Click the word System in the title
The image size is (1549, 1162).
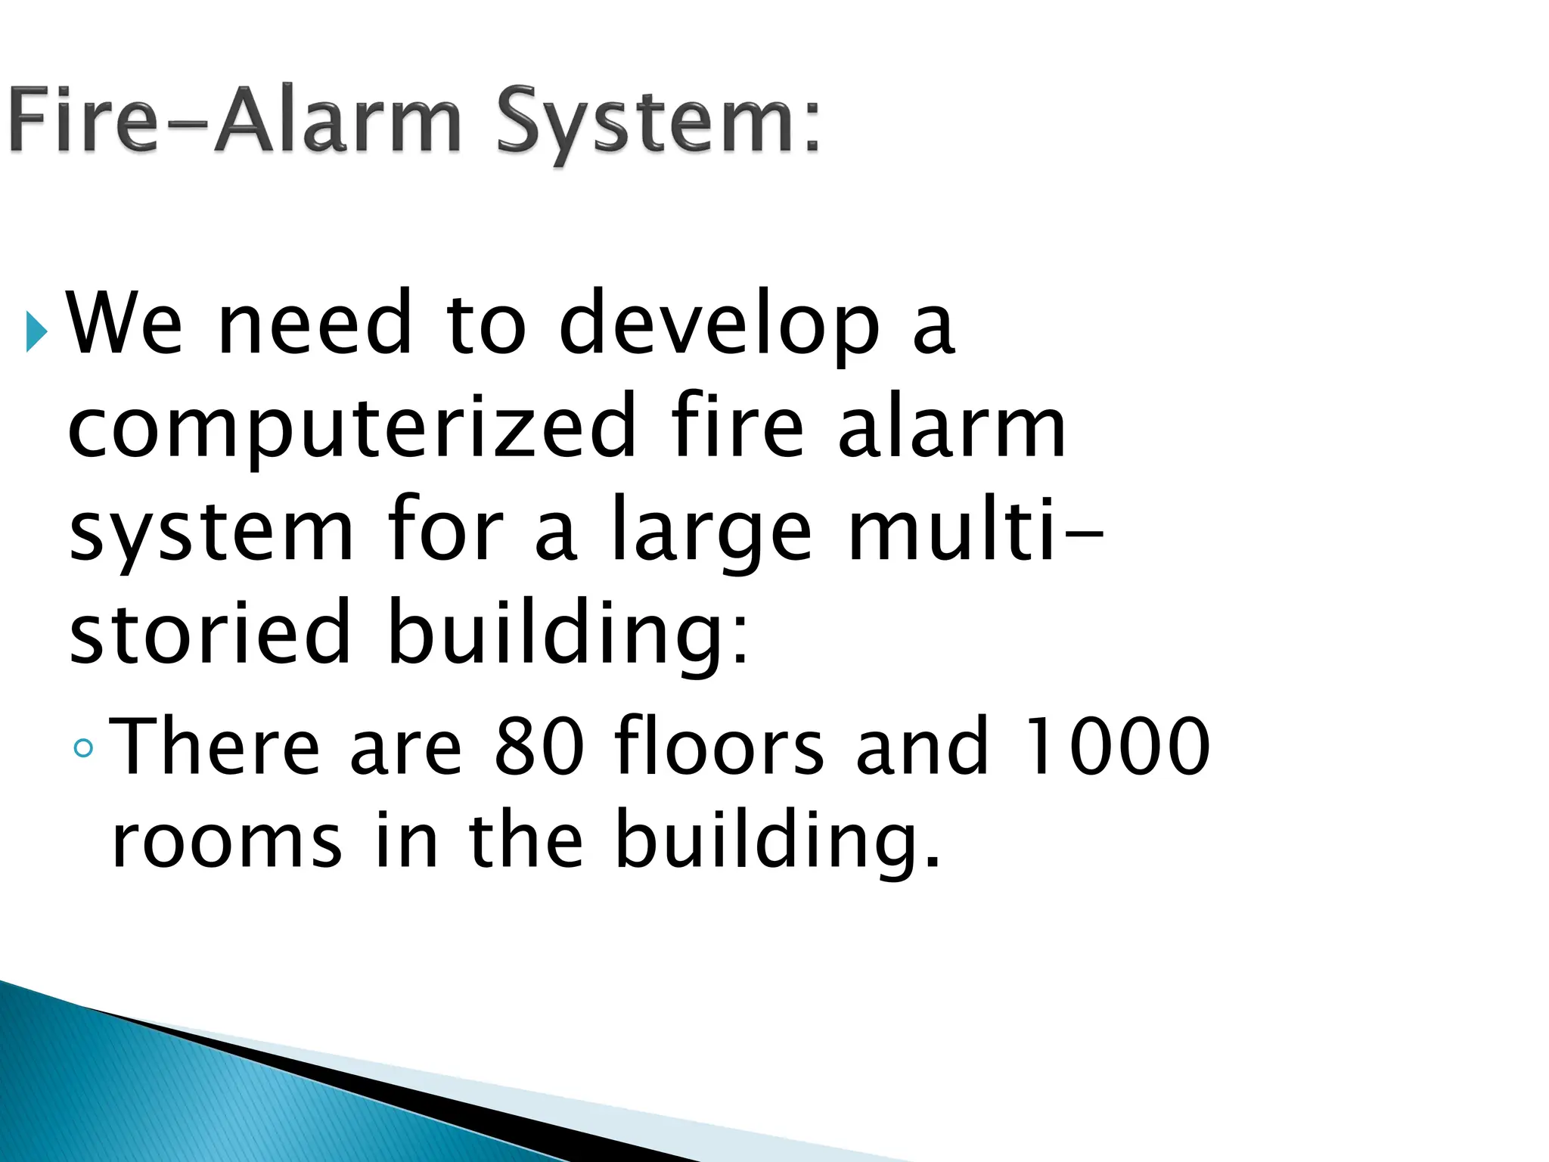tap(657, 123)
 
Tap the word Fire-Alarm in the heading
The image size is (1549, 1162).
tap(234, 121)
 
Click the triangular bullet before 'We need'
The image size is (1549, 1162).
tap(36, 331)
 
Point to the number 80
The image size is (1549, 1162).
tap(539, 747)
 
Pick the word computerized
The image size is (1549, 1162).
tap(352, 427)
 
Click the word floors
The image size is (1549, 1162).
tap(719, 747)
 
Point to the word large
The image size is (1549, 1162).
tap(711, 530)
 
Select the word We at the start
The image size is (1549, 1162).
tap(126, 323)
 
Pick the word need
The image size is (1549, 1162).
tap(315, 323)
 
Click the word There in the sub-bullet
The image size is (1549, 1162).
tap(215, 747)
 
